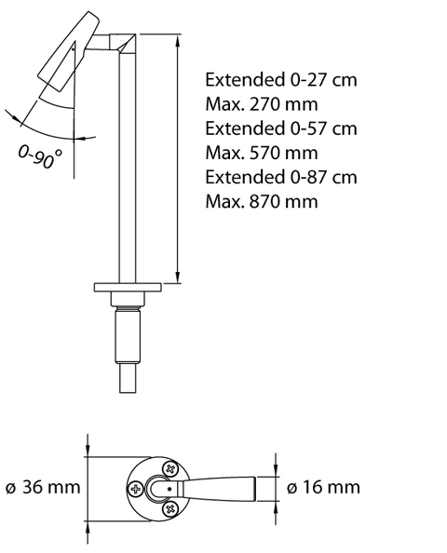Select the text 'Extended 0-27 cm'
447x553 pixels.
pyautogui.click(x=281, y=79)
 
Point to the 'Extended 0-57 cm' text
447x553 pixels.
pyautogui.click(x=281, y=128)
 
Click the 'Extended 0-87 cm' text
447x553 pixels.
pyautogui.click(x=281, y=176)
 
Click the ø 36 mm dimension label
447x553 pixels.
pyautogui.click(x=42, y=487)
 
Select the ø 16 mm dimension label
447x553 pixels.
pyautogui.click(x=323, y=487)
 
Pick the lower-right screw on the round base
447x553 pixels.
pyautogui.click(x=169, y=507)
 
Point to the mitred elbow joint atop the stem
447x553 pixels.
pyautogui.click(x=122, y=42)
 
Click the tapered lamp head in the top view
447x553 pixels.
pyautogui.click(x=219, y=488)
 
